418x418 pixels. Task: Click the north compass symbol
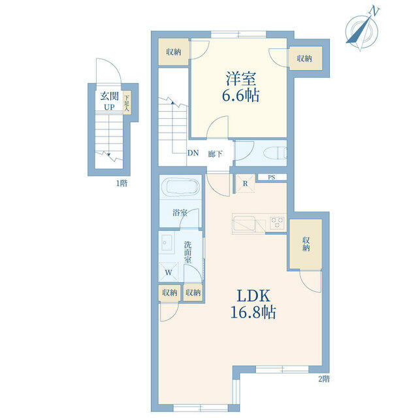coord(362,29)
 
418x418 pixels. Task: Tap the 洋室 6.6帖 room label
coord(241,87)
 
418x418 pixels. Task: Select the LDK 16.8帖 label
coord(253,304)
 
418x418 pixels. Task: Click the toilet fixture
coord(275,154)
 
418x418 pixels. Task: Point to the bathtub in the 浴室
coord(180,187)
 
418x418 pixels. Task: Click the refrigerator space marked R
coord(245,184)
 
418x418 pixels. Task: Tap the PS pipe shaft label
coord(272,177)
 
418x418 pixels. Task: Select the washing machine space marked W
coord(169,272)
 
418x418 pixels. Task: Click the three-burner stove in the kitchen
coord(277,222)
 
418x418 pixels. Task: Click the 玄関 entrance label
coord(109,96)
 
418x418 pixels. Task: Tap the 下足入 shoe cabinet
coord(127,103)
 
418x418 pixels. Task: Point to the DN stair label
coord(193,153)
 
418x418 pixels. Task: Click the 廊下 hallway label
coord(215,154)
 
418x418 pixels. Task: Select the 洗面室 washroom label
coord(187,252)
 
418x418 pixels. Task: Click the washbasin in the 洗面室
coord(167,243)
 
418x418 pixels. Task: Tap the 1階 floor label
coord(121,184)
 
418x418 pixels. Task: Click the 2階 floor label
coord(324,379)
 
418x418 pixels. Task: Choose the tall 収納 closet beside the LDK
coord(306,244)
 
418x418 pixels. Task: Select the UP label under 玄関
coord(109,107)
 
